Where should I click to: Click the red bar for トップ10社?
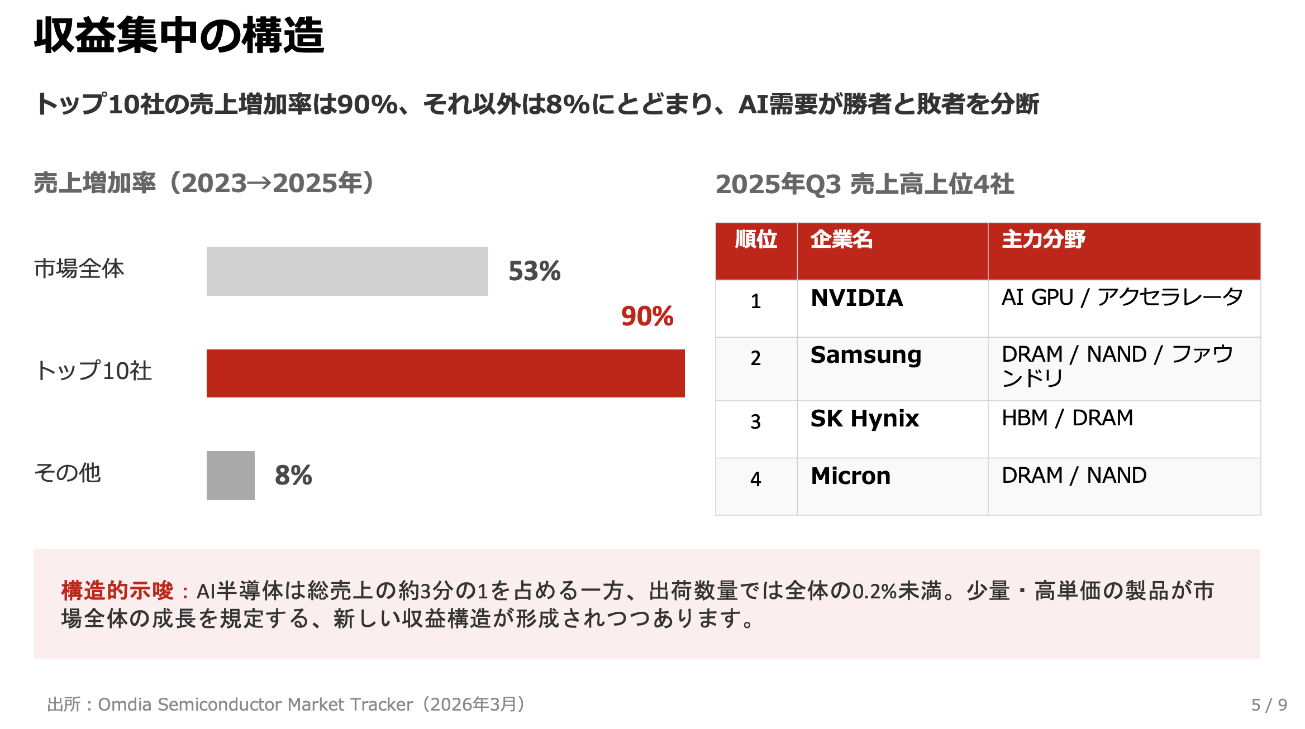click(x=445, y=373)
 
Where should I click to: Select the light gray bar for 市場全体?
click(x=347, y=271)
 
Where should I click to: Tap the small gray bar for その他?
click(x=230, y=476)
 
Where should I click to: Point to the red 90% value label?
click(x=647, y=316)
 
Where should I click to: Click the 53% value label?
click(x=534, y=271)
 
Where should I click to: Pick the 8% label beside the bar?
click(x=293, y=476)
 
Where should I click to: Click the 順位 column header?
click(x=756, y=239)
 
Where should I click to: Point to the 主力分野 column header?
click(x=1043, y=239)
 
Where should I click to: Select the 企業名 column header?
click(x=841, y=239)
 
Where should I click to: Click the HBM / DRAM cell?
click(x=1067, y=418)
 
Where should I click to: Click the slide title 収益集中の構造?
click(x=179, y=35)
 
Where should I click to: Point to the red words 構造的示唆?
click(x=117, y=591)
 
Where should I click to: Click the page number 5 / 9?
click(x=1269, y=705)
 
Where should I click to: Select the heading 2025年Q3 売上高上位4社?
click(x=864, y=184)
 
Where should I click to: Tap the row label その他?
click(x=68, y=473)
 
